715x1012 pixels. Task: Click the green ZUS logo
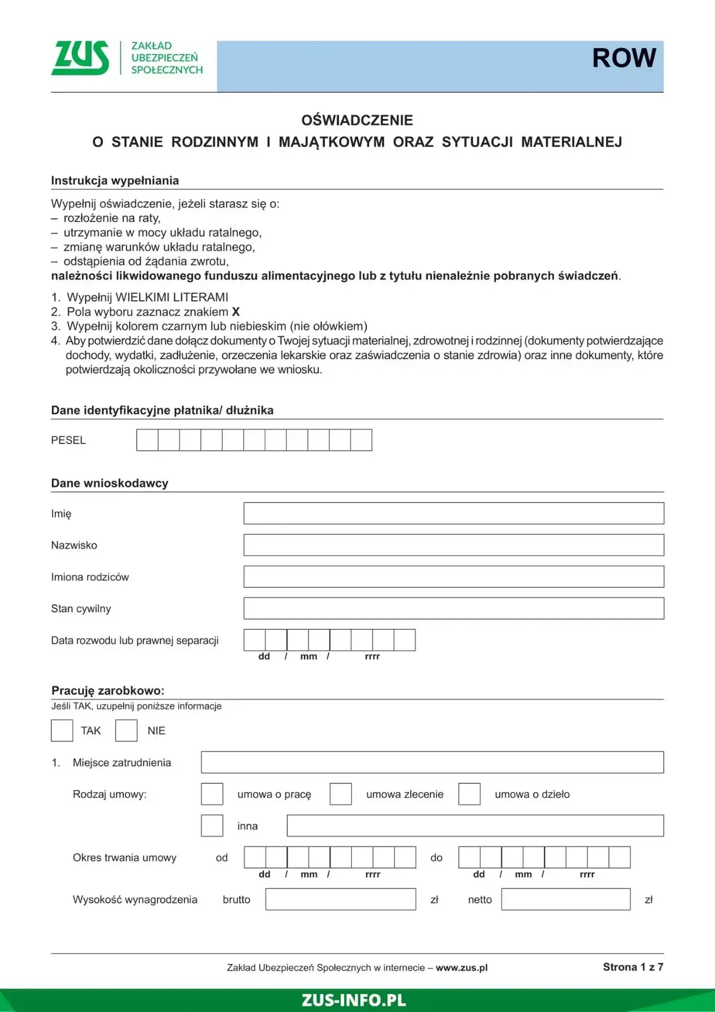pos(80,58)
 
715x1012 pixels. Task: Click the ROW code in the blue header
pos(623,58)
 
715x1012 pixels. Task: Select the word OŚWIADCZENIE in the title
pos(357,120)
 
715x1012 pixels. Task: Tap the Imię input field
pos(454,513)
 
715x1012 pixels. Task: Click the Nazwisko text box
pos(454,545)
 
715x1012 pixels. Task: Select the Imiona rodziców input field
pos(454,576)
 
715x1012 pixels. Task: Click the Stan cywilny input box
pos(454,608)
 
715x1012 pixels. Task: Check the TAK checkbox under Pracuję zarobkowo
pos(62,731)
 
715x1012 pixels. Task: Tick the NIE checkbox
pos(126,731)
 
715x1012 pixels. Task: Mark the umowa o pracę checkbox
pos(212,794)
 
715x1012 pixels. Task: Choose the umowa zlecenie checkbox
pos(341,794)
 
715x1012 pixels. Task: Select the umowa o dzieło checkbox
pos(469,794)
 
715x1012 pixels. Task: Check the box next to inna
pos(212,826)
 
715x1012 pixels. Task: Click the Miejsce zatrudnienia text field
pos(432,763)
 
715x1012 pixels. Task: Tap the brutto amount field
pos(341,899)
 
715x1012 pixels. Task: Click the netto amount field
pos(566,899)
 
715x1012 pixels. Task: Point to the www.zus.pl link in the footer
pos(461,968)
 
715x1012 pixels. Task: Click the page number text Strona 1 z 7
pos(633,967)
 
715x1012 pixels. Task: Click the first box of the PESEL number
pos(147,440)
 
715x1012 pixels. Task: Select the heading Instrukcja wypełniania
pos(115,181)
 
